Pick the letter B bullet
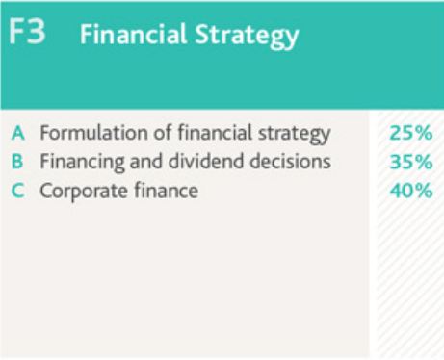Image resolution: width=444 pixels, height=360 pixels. tap(18, 161)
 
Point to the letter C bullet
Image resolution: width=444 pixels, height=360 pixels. tap(18, 191)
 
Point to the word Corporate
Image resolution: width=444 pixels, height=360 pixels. tap(81, 192)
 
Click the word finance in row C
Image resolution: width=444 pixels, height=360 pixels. tap(163, 191)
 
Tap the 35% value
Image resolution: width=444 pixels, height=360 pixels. tap(410, 162)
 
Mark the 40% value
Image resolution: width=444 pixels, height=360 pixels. tap(410, 191)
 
